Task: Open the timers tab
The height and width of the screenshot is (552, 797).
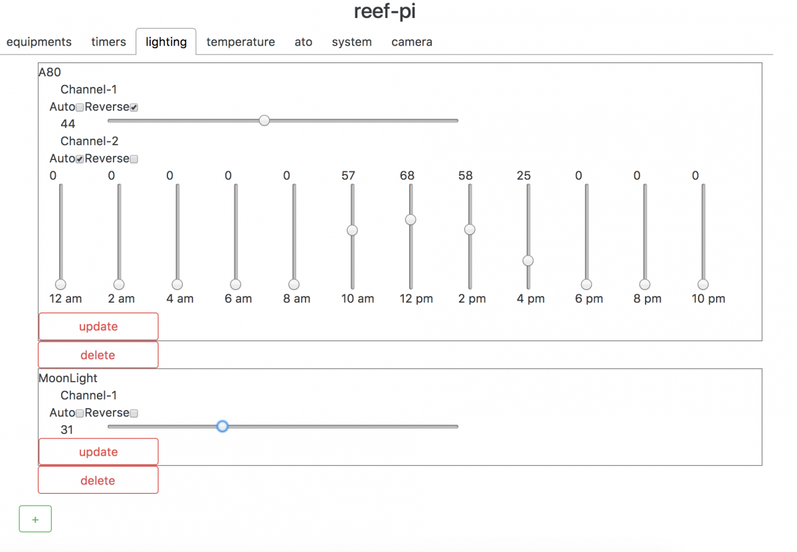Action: pyautogui.click(x=108, y=42)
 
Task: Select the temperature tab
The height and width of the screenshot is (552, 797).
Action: pyautogui.click(x=240, y=42)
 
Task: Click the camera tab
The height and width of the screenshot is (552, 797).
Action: pyautogui.click(x=412, y=42)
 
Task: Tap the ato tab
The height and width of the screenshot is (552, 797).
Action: pyautogui.click(x=304, y=42)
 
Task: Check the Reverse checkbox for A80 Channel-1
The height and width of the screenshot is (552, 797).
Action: pyautogui.click(x=133, y=107)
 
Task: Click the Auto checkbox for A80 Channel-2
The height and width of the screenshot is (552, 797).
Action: pyautogui.click(x=80, y=159)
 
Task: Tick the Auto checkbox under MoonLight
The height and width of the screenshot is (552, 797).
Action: pyautogui.click(x=80, y=413)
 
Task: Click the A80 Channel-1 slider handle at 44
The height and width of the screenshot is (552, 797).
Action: pyautogui.click(x=264, y=121)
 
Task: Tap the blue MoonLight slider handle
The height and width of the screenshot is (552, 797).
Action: pyautogui.click(x=222, y=426)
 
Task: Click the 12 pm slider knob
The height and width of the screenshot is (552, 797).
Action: pyautogui.click(x=410, y=220)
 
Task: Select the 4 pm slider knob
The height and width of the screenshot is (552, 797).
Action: pyautogui.click(x=528, y=261)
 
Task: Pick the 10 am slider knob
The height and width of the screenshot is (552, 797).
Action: pyautogui.click(x=352, y=230)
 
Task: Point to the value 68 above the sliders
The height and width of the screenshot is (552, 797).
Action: pyautogui.click(x=407, y=176)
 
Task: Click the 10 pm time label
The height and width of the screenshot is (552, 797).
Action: pyautogui.click(x=709, y=299)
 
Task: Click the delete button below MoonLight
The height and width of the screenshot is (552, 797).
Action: pyautogui.click(x=98, y=480)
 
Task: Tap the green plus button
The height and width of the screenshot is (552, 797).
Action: pyautogui.click(x=35, y=519)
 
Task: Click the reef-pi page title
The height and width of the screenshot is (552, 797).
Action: pyautogui.click(x=385, y=11)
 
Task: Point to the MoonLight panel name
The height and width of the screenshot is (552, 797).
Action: pyautogui.click(x=68, y=378)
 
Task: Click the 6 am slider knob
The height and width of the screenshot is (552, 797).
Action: pyautogui.click(x=236, y=285)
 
